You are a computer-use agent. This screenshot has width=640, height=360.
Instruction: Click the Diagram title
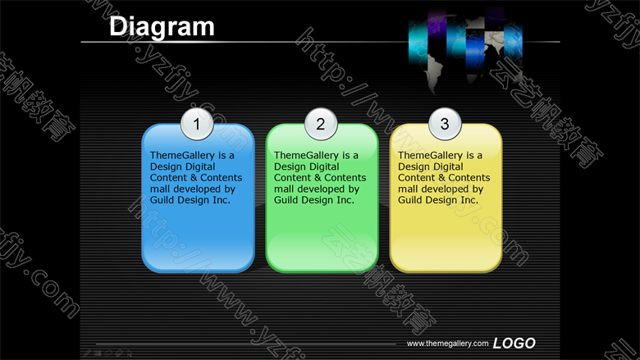(162, 27)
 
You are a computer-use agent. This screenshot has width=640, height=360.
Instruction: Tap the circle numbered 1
(197, 124)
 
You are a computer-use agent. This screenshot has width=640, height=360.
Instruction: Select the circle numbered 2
(321, 124)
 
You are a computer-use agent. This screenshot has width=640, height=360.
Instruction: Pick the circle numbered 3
(445, 124)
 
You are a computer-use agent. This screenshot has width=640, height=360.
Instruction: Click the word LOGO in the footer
(514, 344)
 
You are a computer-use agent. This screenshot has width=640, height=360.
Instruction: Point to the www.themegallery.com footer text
(447, 344)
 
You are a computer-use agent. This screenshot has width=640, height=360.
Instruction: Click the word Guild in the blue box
(161, 200)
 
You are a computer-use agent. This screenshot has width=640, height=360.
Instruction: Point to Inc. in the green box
(345, 200)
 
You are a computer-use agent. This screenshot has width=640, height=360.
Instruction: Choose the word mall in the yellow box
(408, 189)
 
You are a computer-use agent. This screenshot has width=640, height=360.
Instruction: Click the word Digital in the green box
(323, 166)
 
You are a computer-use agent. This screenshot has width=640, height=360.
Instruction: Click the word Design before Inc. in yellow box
(441, 200)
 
